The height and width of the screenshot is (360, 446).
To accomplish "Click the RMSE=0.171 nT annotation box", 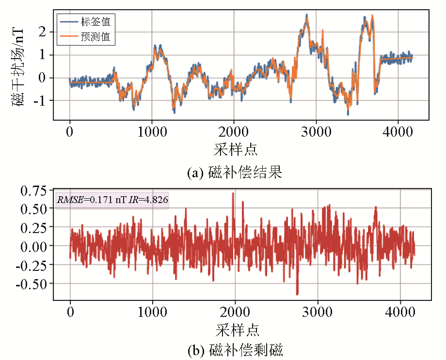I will [x=112, y=199].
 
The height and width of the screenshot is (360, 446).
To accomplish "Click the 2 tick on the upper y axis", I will [x=43, y=31].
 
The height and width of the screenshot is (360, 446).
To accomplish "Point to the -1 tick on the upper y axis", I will [x=39, y=101].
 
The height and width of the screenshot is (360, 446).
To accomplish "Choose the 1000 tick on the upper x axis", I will [x=152, y=132].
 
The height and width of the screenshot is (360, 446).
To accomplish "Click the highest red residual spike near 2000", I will [x=233, y=193].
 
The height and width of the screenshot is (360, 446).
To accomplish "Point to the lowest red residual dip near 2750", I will [x=297, y=294].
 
